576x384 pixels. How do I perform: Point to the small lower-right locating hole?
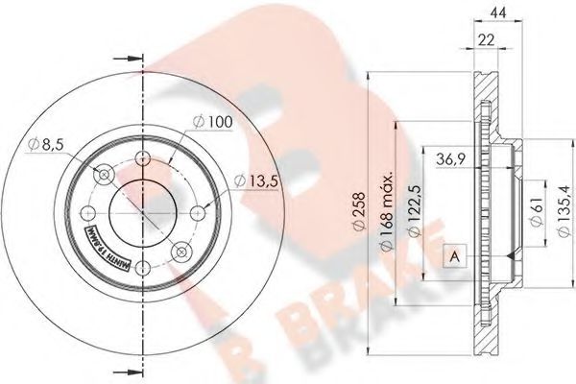(x=180, y=252)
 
